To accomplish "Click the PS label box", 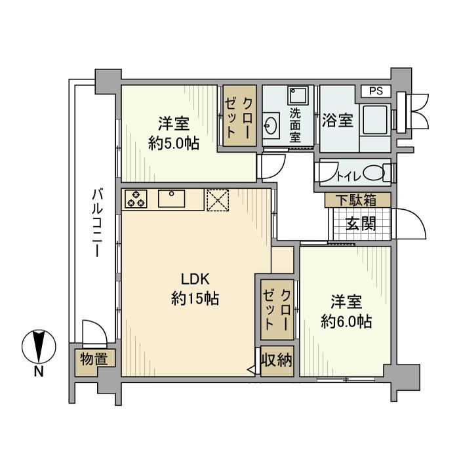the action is [x=376, y=91].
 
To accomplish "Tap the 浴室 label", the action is [x=338, y=120].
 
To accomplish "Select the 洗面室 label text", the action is [x=295, y=125].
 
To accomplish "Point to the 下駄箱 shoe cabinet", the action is [x=358, y=200].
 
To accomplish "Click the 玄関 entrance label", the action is [x=361, y=224].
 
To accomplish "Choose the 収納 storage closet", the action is [x=277, y=361].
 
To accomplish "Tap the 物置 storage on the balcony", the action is [x=94, y=359].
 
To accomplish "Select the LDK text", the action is [x=195, y=279].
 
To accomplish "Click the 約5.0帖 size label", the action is [x=174, y=144].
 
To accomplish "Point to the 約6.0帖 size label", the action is [x=346, y=322].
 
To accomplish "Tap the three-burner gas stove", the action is [x=136, y=199].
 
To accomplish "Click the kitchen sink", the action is [x=172, y=199].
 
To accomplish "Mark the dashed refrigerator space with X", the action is [x=218, y=200].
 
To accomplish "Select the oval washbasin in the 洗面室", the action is [x=270, y=127].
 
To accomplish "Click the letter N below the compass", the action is [x=39, y=372].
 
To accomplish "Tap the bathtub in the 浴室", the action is [x=375, y=120].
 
